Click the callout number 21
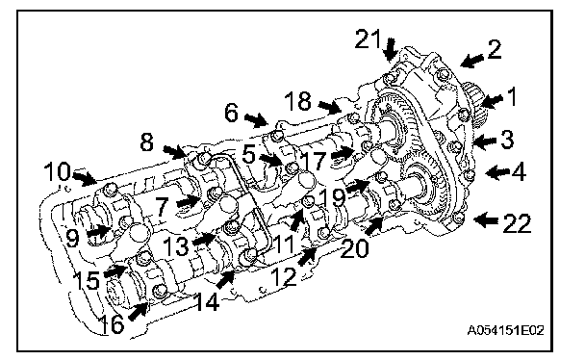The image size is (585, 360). (x=368, y=39)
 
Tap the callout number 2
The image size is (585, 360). (x=495, y=49)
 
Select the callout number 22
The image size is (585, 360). (x=517, y=223)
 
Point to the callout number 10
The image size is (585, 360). (x=57, y=171)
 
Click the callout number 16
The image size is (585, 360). (x=113, y=323)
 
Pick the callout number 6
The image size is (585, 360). (x=231, y=113)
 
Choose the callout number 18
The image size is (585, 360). (x=297, y=101)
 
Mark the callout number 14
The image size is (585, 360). (x=207, y=301)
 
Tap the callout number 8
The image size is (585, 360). (x=146, y=142)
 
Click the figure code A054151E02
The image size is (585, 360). (x=505, y=330)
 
